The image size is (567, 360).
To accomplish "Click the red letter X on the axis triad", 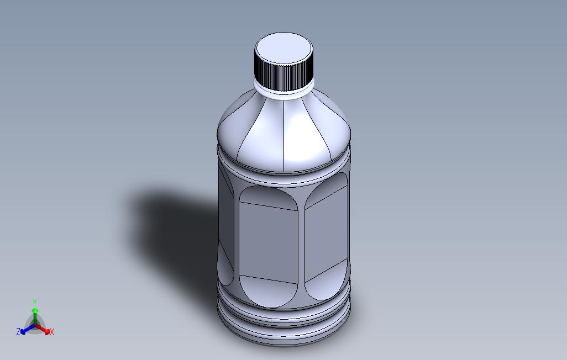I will (x=52, y=332).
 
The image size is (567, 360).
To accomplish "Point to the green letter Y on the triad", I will (x=34, y=302).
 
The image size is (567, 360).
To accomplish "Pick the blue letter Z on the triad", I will (x=18, y=332).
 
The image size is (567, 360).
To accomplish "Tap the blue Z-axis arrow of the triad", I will (x=25, y=330).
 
